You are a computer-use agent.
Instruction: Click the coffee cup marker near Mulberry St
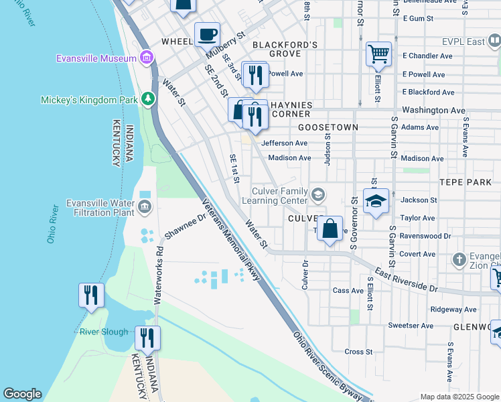pyautogui.click(x=207, y=34)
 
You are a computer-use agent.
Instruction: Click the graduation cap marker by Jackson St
pyautogui.click(x=376, y=201)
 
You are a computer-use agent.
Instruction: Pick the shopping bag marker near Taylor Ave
pyautogui.click(x=330, y=229)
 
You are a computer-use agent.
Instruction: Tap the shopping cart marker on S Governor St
pyautogui.click(x=378, y=54)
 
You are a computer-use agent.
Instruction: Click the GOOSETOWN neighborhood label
pyautogui.click(x=328, y=127)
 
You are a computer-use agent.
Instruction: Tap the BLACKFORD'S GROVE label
pyautogui.click(x=284, y=48)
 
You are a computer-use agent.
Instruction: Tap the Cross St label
pyautogui.click(x=358, y=352)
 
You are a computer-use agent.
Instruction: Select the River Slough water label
pyautogui.click(x=103, y=332)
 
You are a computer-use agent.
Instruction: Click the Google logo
pyautogui.click(x=22, y=394)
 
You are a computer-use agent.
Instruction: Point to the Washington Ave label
pyautogui.click(x=433, y=109)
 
